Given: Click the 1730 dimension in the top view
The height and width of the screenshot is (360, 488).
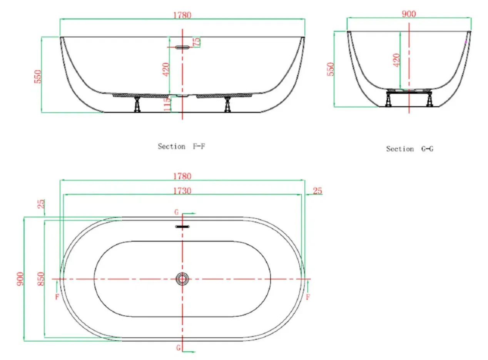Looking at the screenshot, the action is tap(182, 191).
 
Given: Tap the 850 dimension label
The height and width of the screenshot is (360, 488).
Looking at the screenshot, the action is tap(41, 279).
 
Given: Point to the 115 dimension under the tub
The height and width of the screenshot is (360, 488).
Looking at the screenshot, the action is tap(167, 104).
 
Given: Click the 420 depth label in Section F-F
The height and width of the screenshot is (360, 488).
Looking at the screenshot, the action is tap(166, 70).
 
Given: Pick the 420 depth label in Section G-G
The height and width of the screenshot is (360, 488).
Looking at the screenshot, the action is tap(396, 60).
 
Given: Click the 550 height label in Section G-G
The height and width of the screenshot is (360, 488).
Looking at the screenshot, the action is tap(330, 69).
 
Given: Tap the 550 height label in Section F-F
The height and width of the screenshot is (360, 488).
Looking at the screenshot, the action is tap(37, 77).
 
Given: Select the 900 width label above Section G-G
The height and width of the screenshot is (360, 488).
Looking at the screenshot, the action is tap(409, 14).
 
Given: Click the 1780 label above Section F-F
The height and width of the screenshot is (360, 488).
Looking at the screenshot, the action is tap(182, 15).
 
